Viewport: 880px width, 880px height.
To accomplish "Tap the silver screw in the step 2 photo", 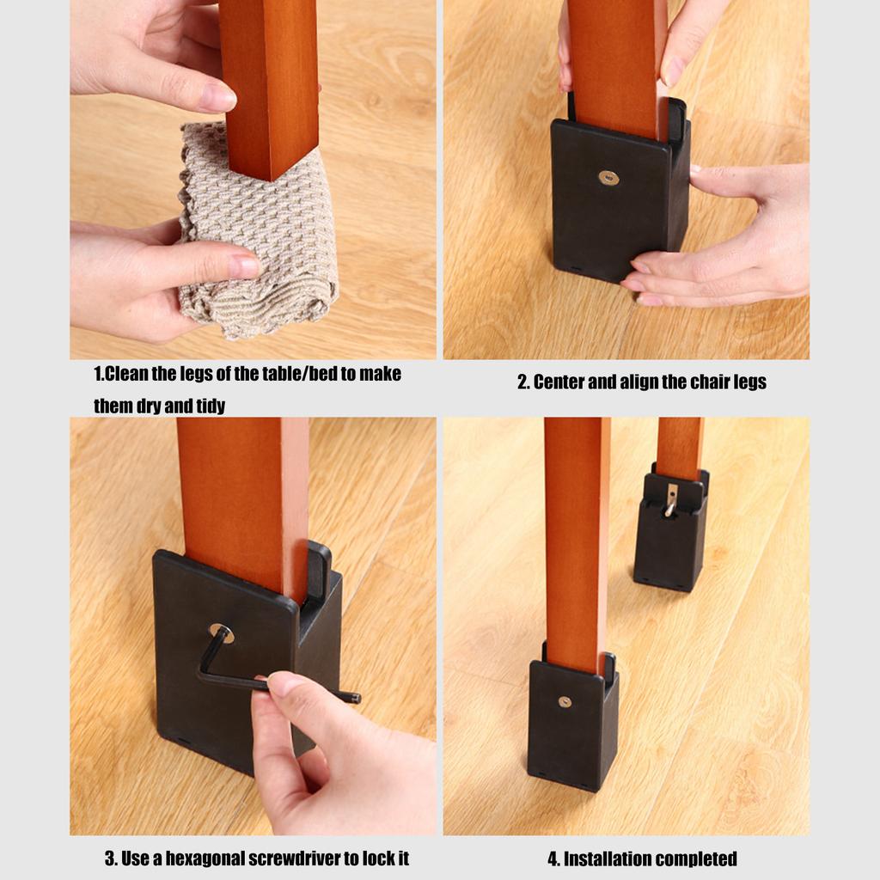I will pos(608,178).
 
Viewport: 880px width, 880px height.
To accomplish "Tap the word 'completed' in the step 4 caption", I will pos(696,859).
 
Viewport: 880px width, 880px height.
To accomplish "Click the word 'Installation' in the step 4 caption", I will pos(603,859).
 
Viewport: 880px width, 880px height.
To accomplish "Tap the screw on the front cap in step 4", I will pos(565,701).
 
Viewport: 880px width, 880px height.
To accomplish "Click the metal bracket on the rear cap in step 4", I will pos(670,498).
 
